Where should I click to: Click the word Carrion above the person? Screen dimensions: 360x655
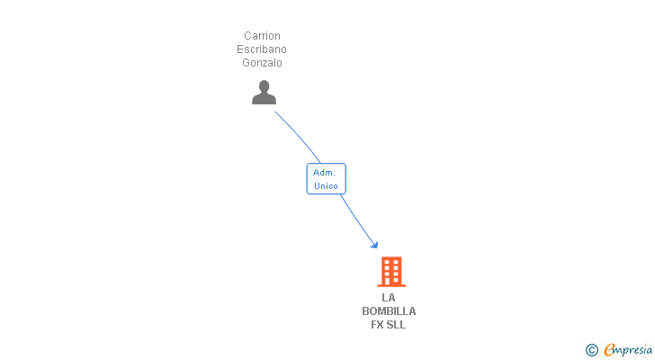point(263,36)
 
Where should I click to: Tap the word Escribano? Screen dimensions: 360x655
point(263,49)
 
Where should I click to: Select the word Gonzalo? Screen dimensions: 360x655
point(263,63)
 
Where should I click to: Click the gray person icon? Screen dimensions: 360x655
point(264,92)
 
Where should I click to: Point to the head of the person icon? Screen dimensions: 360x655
point(264,86)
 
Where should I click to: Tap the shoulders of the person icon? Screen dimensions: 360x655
point(264,99)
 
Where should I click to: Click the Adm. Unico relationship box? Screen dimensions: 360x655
point(326,178)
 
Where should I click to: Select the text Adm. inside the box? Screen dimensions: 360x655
point(325,172)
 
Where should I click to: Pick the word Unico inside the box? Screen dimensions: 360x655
point(326,185)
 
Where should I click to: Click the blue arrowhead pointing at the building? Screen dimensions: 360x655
point(373,244)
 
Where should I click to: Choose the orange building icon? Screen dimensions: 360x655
point(390,272)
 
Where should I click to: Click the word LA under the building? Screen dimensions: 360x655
point(389,298)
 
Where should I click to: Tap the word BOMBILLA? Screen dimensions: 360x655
point(389,311)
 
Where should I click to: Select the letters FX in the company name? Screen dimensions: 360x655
point(378,325)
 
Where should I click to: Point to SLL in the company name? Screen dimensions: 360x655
point(397,325)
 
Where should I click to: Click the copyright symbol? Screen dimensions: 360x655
point(592,350)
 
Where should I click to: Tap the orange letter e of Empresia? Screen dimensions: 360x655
point(609,350)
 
